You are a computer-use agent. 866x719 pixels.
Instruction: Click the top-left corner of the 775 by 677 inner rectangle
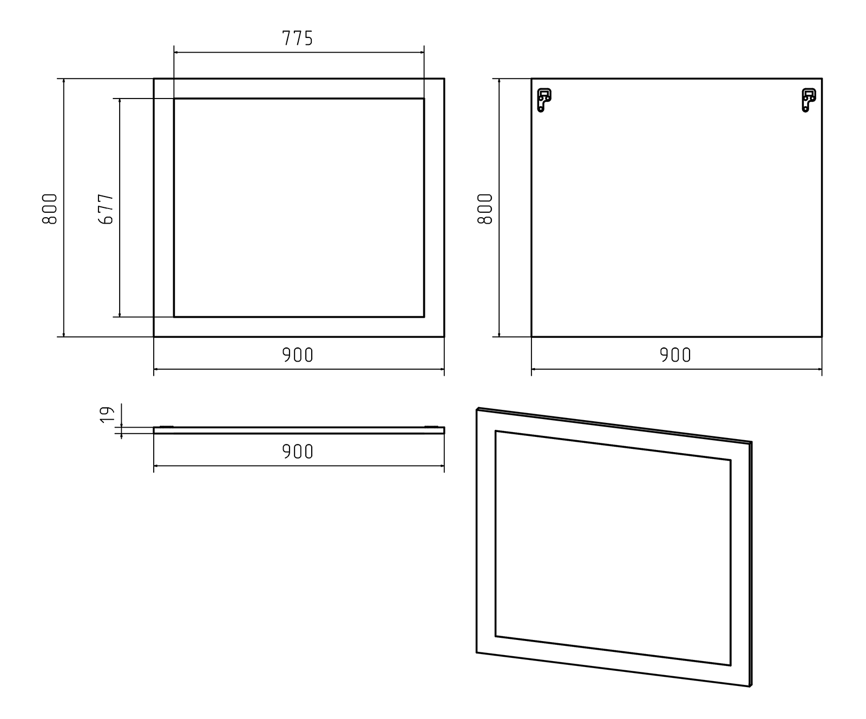coord(174,99)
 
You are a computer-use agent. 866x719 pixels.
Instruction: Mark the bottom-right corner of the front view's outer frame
coord(444,337)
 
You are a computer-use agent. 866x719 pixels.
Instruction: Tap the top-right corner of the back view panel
coord(822,79)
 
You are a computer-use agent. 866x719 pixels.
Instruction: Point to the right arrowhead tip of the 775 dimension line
coord(424,53)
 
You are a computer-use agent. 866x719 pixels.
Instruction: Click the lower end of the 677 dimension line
coord(120,317)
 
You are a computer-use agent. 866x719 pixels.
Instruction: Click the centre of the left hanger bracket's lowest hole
coord(540,109)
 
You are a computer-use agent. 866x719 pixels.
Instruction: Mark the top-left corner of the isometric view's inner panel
coord(495,431)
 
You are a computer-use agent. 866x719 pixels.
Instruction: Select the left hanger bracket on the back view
coord(543,100)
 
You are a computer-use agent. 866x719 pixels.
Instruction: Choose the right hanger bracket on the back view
coord(809,100)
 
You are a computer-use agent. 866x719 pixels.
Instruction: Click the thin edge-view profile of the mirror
coord(299,430)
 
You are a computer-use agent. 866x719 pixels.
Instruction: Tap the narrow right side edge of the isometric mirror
coord(751,564)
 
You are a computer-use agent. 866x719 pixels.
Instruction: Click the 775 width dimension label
coord(298,38)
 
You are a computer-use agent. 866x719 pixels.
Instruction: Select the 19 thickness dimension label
coord(108,414)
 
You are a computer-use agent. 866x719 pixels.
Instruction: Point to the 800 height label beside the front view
coord(49,208)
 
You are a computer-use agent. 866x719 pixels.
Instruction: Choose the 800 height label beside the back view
coord(485,208)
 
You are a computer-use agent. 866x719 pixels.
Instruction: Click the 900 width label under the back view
coord(675,355)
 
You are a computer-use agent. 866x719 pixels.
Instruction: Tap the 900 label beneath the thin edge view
coord(298,452)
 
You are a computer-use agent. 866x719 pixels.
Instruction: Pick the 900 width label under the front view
coord(298,355)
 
